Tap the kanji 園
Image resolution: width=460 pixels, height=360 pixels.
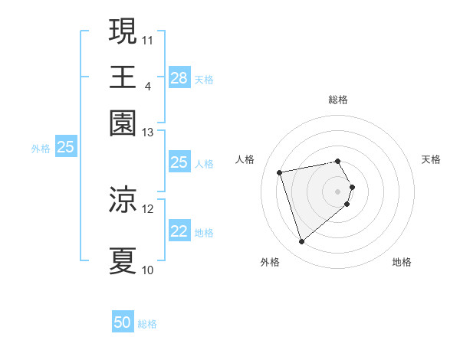pos(123,123)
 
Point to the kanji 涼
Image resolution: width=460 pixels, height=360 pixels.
pos(123,199)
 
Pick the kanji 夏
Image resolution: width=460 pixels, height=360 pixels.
pos(123,260)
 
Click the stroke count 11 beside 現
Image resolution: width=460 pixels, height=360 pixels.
pos(148,39)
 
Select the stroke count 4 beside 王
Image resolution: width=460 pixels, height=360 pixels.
pos(147,85)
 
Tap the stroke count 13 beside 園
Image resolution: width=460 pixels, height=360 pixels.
pos(148,133)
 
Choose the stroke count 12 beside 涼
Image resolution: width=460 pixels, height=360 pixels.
pos(148,208)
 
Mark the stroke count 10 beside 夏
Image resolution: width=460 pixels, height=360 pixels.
pos(148,270)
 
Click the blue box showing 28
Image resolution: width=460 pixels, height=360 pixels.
pos(179,78)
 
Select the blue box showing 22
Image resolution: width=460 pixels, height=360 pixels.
pos(179,231)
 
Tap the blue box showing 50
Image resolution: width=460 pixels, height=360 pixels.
pos(123,323)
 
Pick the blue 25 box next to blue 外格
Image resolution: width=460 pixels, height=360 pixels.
pos(65,147)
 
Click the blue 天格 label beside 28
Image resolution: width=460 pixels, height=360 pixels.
pos(204,79)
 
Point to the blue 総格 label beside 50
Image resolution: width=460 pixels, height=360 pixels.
pos(147,324)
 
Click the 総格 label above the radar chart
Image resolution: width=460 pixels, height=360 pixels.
pos(338,100)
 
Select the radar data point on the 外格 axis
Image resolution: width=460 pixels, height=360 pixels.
pos(302,242)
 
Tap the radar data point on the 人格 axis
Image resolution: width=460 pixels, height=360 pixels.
pos(280,172)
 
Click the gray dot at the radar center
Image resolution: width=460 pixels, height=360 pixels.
pos(338,191)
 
